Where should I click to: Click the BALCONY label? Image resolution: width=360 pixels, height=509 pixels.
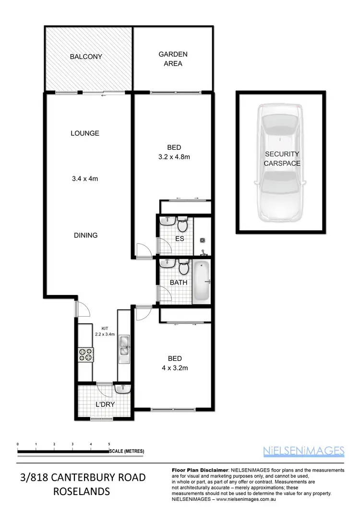(86, 57)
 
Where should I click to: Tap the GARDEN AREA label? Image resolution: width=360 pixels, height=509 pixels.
(173, 59)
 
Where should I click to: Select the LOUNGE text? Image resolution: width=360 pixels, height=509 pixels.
(84, 133)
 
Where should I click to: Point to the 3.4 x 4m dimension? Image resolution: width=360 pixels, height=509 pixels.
(84, 179)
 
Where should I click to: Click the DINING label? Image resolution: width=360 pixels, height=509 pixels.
(85, 235)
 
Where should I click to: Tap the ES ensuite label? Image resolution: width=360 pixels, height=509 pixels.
(180, 238)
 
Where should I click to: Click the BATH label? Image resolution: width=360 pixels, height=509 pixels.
(179, 283)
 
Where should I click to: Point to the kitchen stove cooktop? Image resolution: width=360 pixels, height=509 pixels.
(86, 355)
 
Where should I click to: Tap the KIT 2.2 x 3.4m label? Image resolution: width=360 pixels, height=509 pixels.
(104, 331)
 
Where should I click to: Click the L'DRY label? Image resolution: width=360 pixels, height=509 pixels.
(104, 404)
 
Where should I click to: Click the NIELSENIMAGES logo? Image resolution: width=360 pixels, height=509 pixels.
(304, 450)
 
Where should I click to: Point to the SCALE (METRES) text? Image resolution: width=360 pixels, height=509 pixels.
(126, 451)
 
